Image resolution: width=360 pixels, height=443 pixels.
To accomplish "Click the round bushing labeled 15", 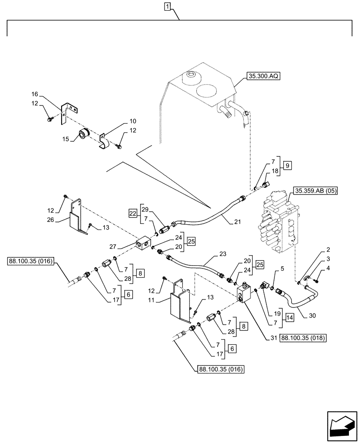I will pyautogui.click(x=84, y=134).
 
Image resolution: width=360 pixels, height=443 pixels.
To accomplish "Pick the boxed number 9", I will pyautogui.click(x=288, y=166).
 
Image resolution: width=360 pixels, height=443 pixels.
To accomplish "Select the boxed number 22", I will pyautogui.click(x=133, y=213).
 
